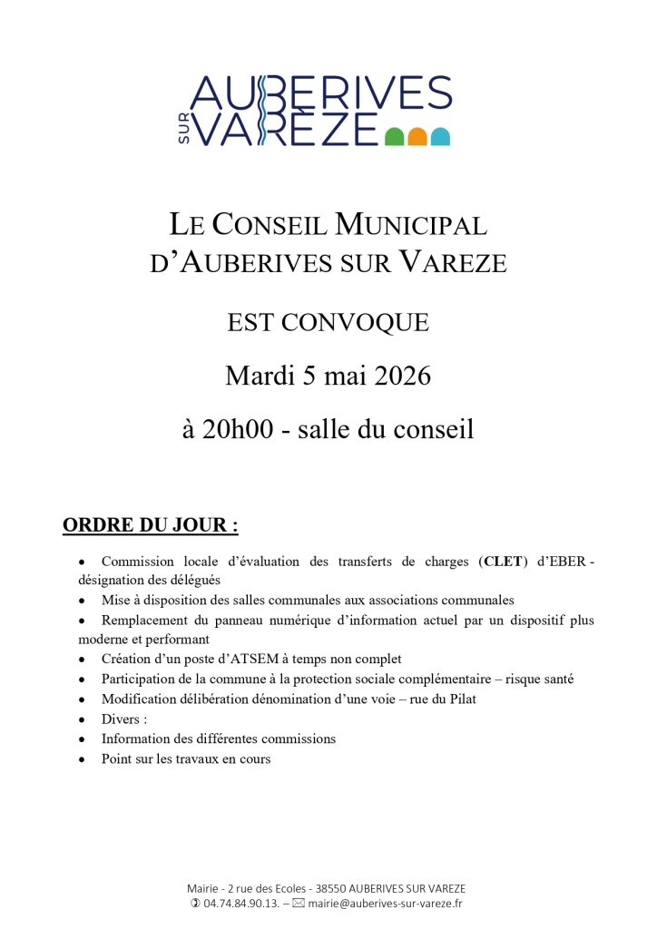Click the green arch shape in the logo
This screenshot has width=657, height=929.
[x=394, y=137]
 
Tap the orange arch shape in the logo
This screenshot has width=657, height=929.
[x=417, y=137]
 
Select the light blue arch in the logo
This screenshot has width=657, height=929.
[x=440, y=137]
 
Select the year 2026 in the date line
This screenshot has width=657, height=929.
[x=397, y=376]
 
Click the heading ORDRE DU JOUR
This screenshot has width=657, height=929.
[x=150, y=525]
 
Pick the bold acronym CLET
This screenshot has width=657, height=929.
[x=503, y=562]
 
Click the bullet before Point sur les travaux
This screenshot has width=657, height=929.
[x=82, y=759]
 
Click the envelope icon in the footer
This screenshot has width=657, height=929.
[x=299, y=904]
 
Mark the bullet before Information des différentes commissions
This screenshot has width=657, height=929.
[x=82, y=739]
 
